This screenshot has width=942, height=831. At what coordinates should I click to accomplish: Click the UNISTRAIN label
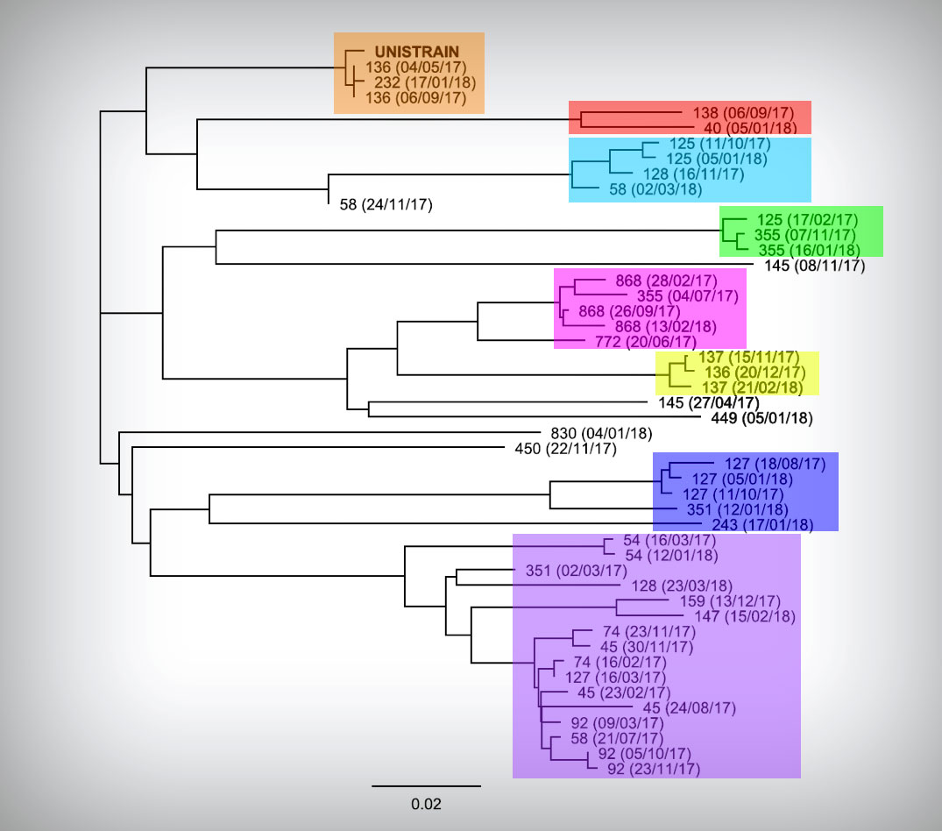[x=417, y=52]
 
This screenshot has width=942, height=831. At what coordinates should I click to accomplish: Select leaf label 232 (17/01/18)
[x=425, y=82]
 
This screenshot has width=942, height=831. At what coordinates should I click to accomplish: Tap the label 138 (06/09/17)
[x=743, y=113]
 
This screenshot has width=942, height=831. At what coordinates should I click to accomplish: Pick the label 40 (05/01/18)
[x=750, y=128]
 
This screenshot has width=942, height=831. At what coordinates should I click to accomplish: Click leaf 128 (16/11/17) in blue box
[x=694, y=174]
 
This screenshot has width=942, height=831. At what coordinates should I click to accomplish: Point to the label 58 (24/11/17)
[x=386, y=205]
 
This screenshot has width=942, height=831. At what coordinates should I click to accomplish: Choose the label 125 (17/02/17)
[x=807, y=220]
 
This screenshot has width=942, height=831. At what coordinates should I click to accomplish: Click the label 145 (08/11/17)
[x=815, y=266]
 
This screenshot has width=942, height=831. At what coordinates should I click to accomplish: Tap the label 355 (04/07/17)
[x=688, y=296]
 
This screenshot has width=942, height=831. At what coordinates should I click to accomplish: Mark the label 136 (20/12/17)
[x=755, y=373]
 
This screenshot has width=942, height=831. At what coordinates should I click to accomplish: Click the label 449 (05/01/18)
[x=761, y=418]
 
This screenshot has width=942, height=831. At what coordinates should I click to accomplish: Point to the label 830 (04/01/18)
[x=601, y=433]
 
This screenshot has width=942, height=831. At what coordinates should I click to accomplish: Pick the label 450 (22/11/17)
[x=566, y=449]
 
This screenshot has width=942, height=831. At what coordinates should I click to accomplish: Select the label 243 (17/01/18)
[x=762, y=524]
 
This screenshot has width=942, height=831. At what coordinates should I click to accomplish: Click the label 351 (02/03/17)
[x=576, y=571]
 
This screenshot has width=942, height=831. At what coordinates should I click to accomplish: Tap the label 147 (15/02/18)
[x=745, y=616]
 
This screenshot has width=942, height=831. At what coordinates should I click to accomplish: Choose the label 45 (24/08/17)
[x=690, y=708]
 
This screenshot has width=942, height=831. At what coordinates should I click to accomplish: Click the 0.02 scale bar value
[x=426, y=804]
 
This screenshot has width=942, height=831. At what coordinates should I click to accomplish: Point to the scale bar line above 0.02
[x=426, y=786]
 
